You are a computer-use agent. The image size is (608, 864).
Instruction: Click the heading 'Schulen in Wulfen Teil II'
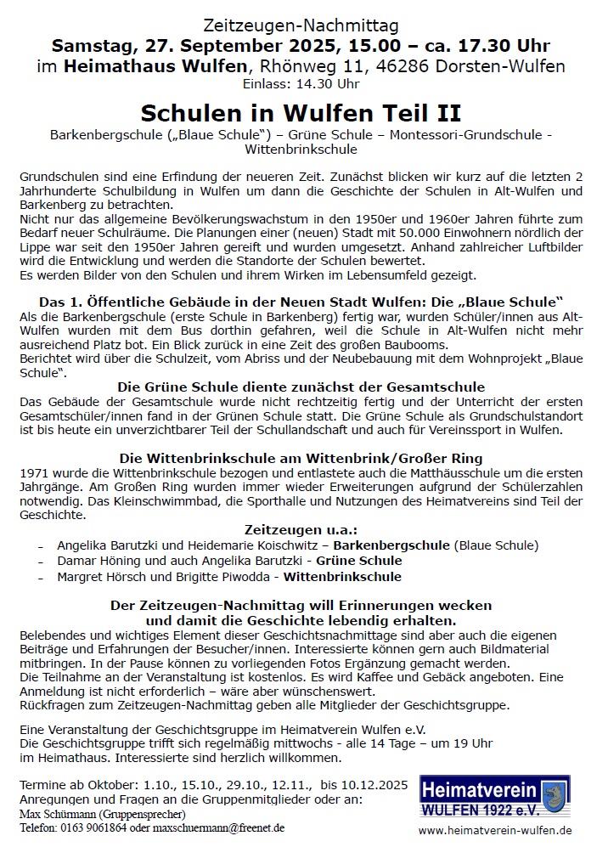[301, 113]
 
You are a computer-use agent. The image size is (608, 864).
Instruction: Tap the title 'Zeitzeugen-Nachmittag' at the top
[301, 25]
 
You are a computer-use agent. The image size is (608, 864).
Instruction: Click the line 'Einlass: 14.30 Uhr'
[301, 84]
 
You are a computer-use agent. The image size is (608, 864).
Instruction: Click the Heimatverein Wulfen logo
[495, 796]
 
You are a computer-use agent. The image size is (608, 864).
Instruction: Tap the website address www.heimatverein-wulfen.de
[495, 830]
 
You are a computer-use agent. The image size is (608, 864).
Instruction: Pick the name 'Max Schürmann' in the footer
[55, 814]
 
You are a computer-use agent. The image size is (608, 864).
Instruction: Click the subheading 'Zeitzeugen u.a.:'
[301, 529]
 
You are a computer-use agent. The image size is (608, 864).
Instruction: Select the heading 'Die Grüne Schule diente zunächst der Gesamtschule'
[301, 387]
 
